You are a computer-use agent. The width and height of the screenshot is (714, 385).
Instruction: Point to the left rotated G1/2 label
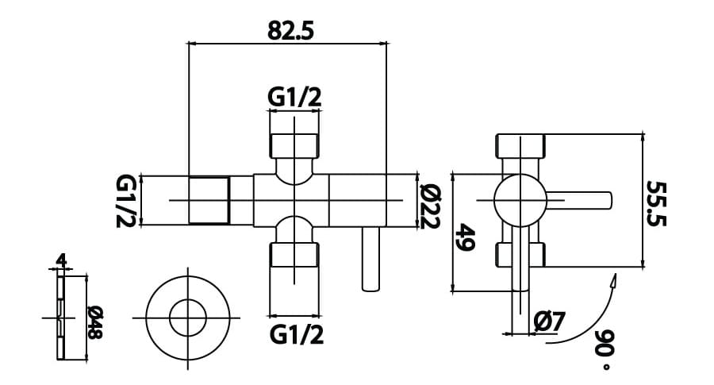pos(126,201)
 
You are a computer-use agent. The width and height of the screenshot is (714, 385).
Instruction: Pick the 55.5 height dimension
pos(658,203)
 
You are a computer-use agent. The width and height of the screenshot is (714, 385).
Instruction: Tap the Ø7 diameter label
pos(549,321)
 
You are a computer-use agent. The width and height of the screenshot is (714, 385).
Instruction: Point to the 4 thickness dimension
pos(61,260)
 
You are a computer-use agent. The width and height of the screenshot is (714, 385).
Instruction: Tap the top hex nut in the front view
pos(296,145)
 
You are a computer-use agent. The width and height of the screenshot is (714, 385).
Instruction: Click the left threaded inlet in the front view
pos(209,201)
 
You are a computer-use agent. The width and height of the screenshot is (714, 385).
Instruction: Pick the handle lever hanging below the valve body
pos(370,259)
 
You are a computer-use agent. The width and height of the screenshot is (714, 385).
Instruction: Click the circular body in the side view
pos(520,200)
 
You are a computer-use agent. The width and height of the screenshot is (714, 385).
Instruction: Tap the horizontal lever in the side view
pos(579,201)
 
